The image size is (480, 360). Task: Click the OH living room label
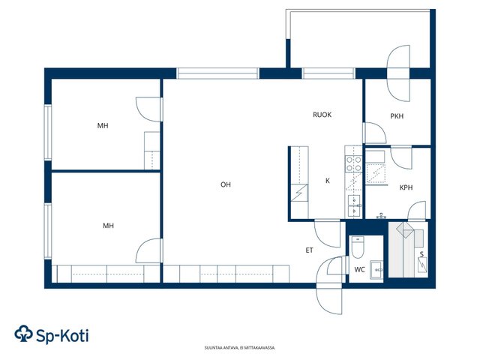tap(226, 184)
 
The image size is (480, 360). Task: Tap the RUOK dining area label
tap(322, 115)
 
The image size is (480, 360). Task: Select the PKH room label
tap(397, 116)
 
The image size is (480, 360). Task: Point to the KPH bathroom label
tap(406, 187)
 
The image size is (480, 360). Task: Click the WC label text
tap(359, 270)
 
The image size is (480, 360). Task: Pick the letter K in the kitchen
tap(328, 181)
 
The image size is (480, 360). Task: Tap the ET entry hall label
tap(309, 250)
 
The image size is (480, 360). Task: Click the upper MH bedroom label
tap(103, 125)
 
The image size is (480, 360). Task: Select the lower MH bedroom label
tap(108, 226)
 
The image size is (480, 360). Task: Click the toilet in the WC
tap(357, 247)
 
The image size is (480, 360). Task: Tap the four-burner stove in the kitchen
tap(353, 163)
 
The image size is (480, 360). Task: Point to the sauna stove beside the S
tap(422, 265)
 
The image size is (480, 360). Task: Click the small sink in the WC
tap(376, 269)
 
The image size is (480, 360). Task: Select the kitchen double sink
tap(355, 206)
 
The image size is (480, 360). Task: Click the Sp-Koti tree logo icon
tap(23, 333)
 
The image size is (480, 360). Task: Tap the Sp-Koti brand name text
tap(62, 335)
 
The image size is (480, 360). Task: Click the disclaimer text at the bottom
tap(240, 348)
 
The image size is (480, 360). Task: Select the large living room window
tap(217, 73)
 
